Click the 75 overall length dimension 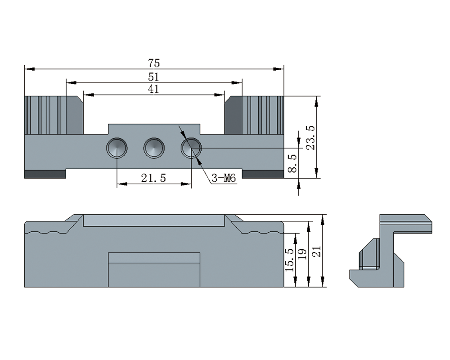pos(154,63)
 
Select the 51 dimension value pos(154,77)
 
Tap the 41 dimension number pos(153,89)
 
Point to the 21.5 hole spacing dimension pos(153,178)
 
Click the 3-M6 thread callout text pos(224,179)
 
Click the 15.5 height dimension pos(289,260)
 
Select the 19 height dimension pos(302,254)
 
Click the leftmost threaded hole pos(117,148)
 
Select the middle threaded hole pos(154,148)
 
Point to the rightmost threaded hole pos(191,148)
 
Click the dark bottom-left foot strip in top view pos(45,174)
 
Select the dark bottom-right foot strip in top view pos(263,174)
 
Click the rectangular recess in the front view pos(154,270)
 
